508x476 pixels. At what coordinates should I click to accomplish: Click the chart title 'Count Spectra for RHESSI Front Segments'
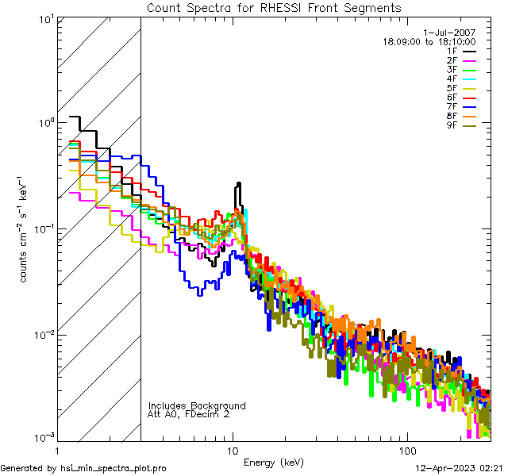pyautogui.click(x=274, y=8)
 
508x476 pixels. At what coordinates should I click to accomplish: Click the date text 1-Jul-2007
pyautogui.click(x=452, y=32)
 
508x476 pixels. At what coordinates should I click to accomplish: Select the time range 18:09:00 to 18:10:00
pyautogui.click(x=429, y=41)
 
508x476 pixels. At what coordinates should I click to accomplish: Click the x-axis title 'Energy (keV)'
pyautogui.click(x=274, y=463)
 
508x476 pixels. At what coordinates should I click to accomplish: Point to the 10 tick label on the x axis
pyautogui.click(x=233, y=450)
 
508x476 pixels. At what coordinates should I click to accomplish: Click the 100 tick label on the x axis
pyautogui.click(x=407, y=450)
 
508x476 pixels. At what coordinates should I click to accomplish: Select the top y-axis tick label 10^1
pyautogui.click(x=44, y=18)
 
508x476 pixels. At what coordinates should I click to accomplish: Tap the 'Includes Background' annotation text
pyautogui.click(x=197, y=406)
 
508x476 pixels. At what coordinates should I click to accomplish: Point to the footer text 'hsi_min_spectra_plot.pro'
pyautogui.click(x=114, y=469)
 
